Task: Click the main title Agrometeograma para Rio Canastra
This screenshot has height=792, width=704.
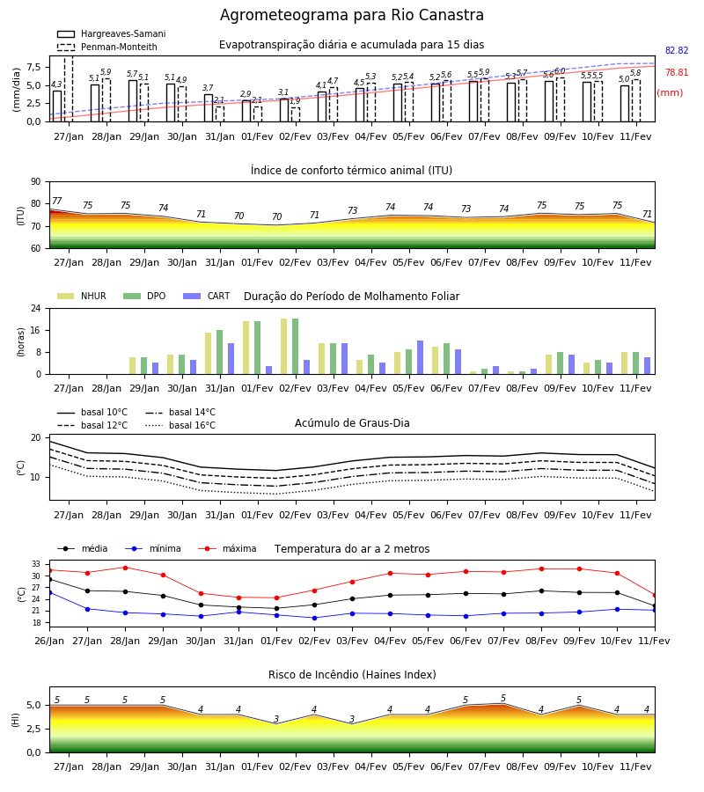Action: (351, 15)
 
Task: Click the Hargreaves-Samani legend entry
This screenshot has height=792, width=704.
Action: (112, 33)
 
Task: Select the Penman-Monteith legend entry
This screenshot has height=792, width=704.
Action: (107, 47)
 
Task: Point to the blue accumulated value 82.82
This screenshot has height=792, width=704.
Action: (677, 50)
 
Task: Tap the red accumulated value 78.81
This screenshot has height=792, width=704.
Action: (677, 72)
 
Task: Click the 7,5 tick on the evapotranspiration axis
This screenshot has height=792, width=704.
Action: (33, 67)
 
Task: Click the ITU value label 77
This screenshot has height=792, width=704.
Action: (57, 201)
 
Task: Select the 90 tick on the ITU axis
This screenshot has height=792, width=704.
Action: (36, 182)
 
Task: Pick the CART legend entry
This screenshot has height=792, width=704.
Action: (206, 296)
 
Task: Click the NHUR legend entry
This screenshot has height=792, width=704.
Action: (81, 296)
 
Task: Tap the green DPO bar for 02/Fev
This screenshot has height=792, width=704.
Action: (296, 347)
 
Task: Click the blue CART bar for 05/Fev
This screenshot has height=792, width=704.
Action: (420, 357)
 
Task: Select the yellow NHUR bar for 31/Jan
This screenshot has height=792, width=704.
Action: (208, 354)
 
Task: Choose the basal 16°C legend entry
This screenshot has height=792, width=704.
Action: (180, 425)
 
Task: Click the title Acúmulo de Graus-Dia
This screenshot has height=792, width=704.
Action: (352, 422)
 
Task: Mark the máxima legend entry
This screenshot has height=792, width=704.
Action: (227, 548)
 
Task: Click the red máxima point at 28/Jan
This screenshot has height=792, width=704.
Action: (125, 568)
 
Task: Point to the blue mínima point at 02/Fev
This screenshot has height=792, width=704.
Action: (315, 618)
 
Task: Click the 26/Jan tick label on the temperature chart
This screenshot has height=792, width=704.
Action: (49, 641)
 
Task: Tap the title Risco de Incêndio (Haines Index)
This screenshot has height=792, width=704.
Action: (352, 675)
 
